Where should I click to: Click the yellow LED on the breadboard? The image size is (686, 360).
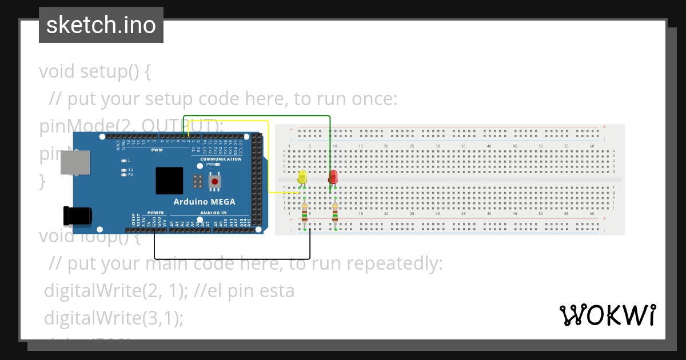tap(302, 177)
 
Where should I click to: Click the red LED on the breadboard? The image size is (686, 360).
tap(333, 178)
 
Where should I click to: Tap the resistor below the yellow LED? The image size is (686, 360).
tap(304, 212)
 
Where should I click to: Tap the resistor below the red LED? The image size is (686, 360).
tap(335, 212)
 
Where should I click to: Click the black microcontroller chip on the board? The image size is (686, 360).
tap(169, 181)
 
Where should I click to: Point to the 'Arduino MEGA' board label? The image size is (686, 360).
tap(204, 202)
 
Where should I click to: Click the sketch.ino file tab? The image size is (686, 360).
tap(101, 25)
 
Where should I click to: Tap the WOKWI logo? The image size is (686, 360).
tap(607, 315)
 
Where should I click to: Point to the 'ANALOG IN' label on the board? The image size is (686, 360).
tap(213, 213)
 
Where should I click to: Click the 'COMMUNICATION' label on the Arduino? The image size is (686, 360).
tap(221, 159)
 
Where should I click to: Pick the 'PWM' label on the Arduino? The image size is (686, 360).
tap(157, 150)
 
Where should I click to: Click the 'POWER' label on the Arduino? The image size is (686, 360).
tap(155, 213)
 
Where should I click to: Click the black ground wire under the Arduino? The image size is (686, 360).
tap(229, 259)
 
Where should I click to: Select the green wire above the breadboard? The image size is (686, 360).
tap(257, 116)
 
